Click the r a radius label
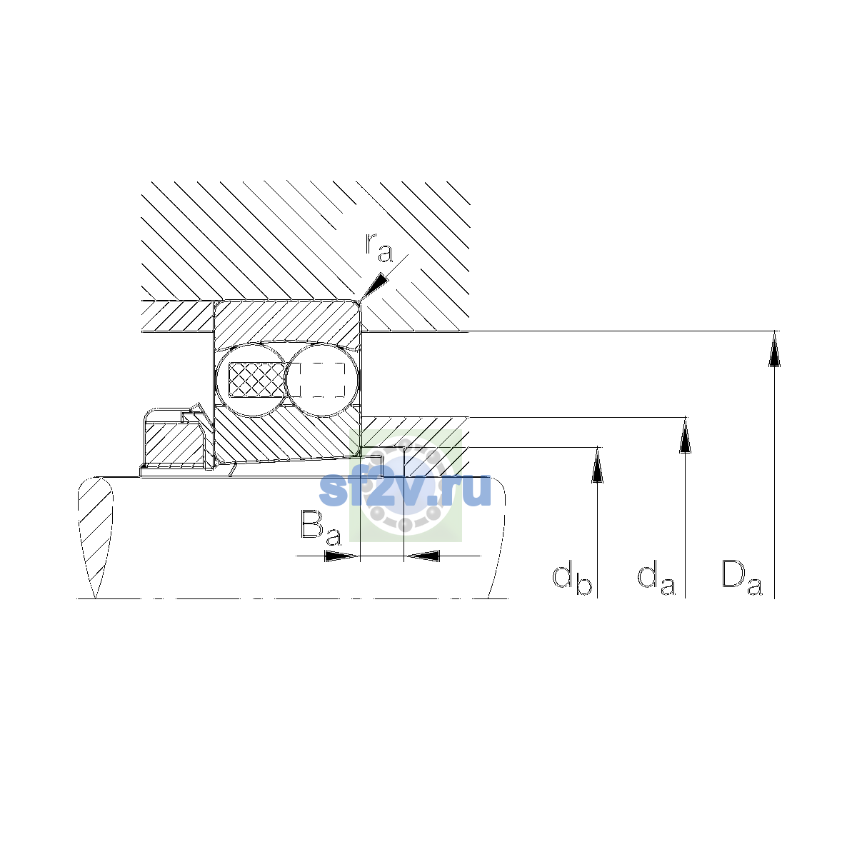tap(379, 248)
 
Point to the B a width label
tap(321, 528)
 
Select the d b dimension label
tap(572, 578)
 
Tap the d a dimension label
tap(656, 578)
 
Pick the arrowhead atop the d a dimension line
tap(686, 435)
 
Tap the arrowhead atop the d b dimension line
tap(597, 465)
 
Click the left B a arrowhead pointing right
tap(342, 556)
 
